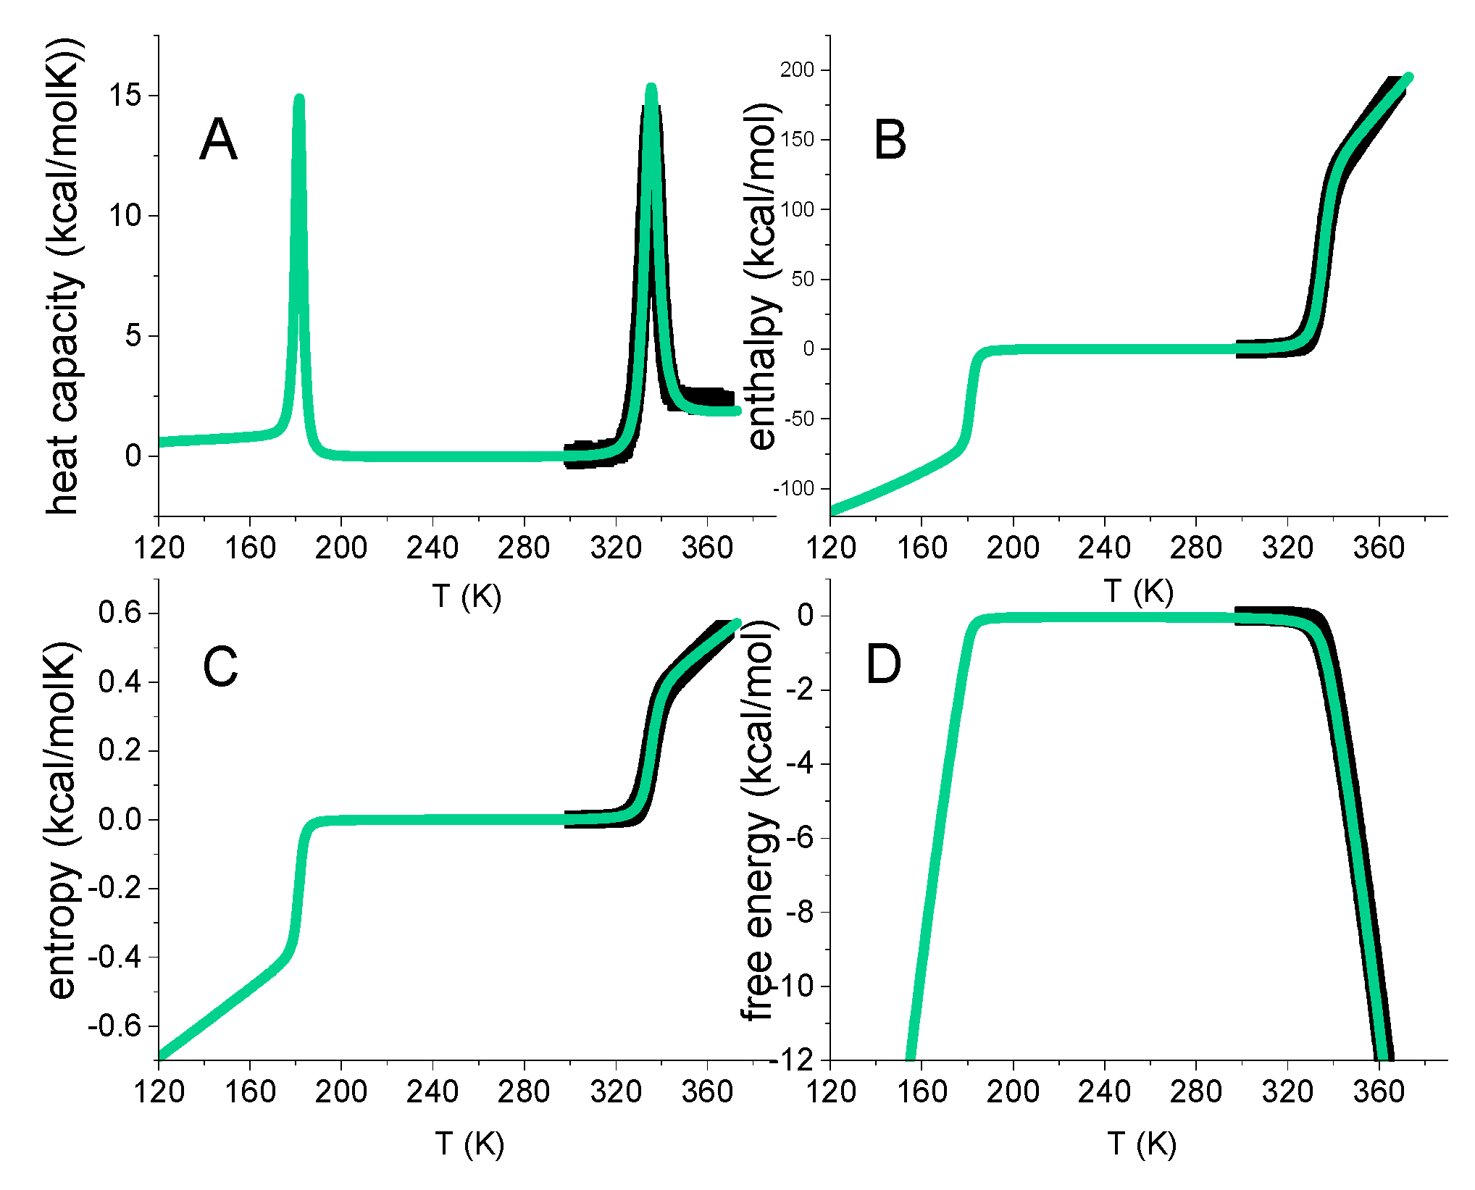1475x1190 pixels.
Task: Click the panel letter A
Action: [x=218, y=140]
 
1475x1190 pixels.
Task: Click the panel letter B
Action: [x=890, y=140]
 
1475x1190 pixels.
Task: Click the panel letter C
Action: [x=220, y=666]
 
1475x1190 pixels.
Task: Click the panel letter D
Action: [x=883, y=664]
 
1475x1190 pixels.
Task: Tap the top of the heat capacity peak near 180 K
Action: [x=299, y=99]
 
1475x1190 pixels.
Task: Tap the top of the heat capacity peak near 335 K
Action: [x=651, y=88]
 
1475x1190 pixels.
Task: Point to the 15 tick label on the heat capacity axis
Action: [x=125, y=95]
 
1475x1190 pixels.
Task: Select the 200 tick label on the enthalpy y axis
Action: [x=797, y=70]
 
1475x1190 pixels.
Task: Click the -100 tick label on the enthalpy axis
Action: [x=793, y=489]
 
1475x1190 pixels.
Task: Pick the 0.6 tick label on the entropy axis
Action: [x=120, y=613]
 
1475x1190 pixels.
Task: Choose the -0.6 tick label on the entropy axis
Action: [x=114, y=1026]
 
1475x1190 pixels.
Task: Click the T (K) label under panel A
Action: [x=467, y=596]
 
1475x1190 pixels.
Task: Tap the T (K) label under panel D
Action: [x=1142, y=1144]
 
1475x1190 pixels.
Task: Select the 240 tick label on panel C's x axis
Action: [x=433, y=1091]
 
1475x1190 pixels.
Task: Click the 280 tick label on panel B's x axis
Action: [x=1195, y=548]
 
